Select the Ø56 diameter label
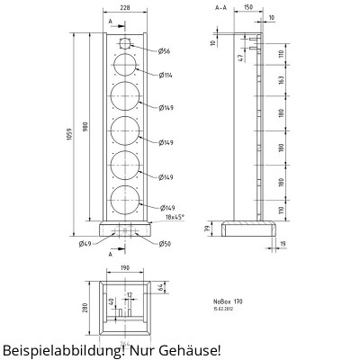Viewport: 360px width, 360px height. click(x=165, y=51)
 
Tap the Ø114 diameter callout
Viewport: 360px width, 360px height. click(x=166, y=76)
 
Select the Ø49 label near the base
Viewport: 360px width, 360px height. click(x=85, y=244)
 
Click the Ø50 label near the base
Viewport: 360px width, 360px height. click(x=165, y=244)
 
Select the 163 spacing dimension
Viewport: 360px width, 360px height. click(x=281, y=81)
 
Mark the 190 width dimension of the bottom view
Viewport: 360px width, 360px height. click(x=125, y=268)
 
